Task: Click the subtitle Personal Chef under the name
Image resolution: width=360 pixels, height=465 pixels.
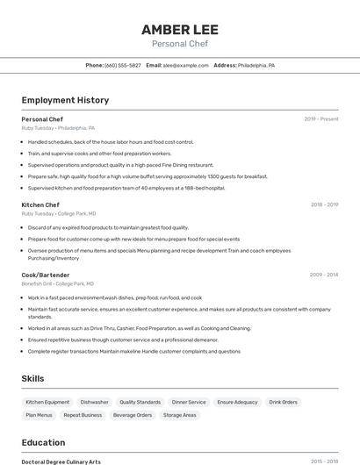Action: click(x=180, y=43)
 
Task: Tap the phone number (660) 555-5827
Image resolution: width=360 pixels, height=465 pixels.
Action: click(x=122, y=65)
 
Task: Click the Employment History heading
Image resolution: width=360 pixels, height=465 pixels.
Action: click(x=65, y=100)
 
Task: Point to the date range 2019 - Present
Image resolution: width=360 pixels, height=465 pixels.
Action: click(x=321, y=118)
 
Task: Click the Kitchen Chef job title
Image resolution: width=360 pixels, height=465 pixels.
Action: click(x=40, y=204)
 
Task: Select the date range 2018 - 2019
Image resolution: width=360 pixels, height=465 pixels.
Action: click(x=324, y=204)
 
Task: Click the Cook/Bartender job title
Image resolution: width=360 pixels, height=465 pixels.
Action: click(x=46, y=275)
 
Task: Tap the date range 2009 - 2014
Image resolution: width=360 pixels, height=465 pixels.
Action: click(x=324, y=275)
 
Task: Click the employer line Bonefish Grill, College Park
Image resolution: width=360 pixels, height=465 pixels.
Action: click(x=59, y=283)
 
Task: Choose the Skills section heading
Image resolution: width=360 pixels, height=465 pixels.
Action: click(x=33, y=378)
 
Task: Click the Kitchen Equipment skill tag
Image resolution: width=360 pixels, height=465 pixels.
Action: click(x=47, y=402)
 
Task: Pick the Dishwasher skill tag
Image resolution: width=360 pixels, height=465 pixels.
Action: click(x=94, y=402)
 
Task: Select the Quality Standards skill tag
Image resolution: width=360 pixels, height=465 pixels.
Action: click(x=140, y=402)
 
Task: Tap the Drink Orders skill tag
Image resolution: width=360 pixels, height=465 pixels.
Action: click(x=283, y=402)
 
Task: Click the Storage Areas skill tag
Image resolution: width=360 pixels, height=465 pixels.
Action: click(x=179, y=415)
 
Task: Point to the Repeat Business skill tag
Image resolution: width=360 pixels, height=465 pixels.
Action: click(x=83, y=415)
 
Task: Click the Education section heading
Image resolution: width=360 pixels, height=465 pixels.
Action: click(x=43, y=442)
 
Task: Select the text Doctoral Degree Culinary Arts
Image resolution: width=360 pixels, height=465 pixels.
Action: click(x=61, y=461)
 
